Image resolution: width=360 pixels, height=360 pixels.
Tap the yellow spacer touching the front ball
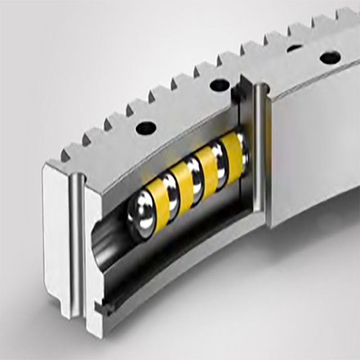[158, 198]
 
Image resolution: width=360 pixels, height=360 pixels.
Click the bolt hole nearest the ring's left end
[146, 128]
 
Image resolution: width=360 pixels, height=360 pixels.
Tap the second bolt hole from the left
[219, 85]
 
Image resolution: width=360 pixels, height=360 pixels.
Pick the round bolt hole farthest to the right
[329, 58]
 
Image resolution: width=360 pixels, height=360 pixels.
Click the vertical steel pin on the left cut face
[77, 243]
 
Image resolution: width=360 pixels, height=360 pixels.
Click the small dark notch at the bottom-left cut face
[99, 308]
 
